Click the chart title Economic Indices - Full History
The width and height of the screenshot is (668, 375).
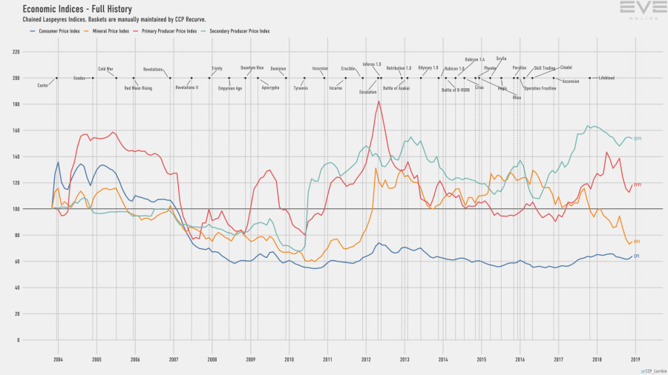[x=77, y=9]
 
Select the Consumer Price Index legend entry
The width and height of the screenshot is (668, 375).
[x=54, y=31]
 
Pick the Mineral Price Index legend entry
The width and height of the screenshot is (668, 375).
[x=109, y=31]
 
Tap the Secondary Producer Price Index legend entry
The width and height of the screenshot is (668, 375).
[x=236, y=31]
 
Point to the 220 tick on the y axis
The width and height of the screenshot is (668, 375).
[x=16, y=52]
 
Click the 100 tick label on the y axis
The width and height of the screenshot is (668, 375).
[x=16, y=209]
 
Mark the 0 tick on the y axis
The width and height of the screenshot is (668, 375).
[x=18, y=340]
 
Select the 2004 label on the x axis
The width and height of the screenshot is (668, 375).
[x=58, y=359]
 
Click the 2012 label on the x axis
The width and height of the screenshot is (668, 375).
[x=366, y=359]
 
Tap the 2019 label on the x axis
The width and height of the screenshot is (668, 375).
[x=635, y=359]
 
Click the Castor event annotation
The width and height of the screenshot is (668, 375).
[x=42, y=85]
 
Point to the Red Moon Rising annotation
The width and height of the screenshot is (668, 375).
[x=138, y=88]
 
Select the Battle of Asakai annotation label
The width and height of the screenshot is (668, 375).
[x=396, y=88]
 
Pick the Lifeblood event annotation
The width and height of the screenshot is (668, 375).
[x=606, y=78]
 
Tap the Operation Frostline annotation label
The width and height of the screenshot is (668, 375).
[x=540, y=88]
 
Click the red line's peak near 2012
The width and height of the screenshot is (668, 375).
[x=379, y=102]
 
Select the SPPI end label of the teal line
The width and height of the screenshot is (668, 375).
[x=638, y=138]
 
